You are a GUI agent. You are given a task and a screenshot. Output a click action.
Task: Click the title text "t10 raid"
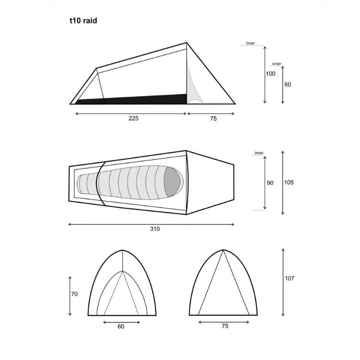pyautogui.click(x=84, y=21)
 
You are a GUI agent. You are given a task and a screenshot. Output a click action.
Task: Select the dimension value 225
pyautogui.click(x=133, y=118)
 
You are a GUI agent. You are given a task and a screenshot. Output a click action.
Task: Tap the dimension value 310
pyautogui.click(x=155, y=229)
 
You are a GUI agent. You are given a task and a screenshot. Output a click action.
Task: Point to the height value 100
pyautogui.click(x=270, y=74)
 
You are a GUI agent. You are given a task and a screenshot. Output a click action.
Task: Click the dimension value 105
pyautogui.click(x=289, y=182)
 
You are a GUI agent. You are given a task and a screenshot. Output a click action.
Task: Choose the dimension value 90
pyautogui.click(x=270, y=183)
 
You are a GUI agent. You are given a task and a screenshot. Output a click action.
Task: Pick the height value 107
pyautogui.click(x=289, y=278)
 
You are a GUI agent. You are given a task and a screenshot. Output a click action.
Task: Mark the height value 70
pyautogui.click(x=74, y=294)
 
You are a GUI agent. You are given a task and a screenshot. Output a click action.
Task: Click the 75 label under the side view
pyautogui.click(x=213, y=119)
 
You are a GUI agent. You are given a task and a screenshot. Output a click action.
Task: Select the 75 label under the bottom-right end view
pyautogui.click(x=225, y=326)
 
